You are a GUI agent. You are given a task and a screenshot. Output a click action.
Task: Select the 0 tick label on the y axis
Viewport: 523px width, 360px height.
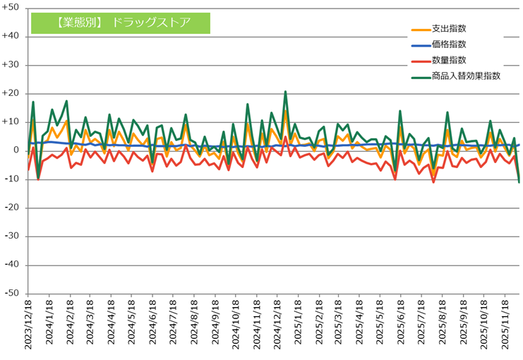click(x=16, y=150)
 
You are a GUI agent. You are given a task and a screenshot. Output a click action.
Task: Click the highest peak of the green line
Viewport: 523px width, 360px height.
click(x=285, y=92)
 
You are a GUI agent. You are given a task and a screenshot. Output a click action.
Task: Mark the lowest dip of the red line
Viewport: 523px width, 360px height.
click(x=433, y=182)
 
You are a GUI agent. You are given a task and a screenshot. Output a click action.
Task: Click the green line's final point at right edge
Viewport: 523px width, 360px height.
click(x=519, y=182)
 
